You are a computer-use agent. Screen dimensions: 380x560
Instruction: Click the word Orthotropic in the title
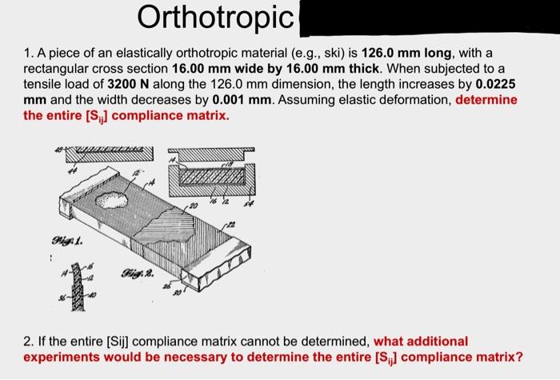tap(215, 16)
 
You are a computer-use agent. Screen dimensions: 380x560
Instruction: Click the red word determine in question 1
tap(486, 100)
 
